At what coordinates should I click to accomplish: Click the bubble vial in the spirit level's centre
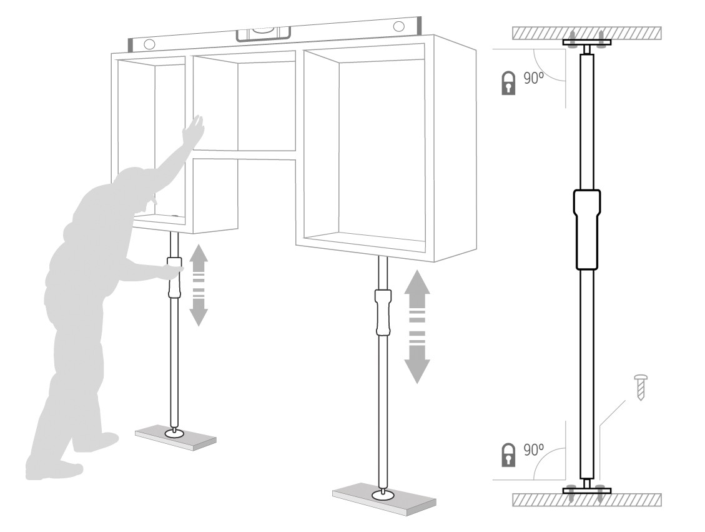tap(264, 32)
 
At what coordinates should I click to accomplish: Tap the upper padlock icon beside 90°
tap(508, 83)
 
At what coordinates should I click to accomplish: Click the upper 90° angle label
tap(534, 78)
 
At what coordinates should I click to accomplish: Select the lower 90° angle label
tap(534, 449)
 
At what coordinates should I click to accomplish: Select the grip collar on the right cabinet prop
tap(383, 313)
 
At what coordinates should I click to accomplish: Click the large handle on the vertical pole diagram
tap(587, 229)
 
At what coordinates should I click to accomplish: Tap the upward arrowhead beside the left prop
tap(199, 254)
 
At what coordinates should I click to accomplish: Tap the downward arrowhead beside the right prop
tap(417, 370)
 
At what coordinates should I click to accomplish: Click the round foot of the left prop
tap(174, 433)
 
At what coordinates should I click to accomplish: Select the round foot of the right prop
tap(383, 494)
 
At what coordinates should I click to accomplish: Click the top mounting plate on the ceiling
tap(587, 43)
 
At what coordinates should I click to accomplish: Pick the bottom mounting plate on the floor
tap(587, 490)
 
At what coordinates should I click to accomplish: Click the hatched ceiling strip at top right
tap(587, 33)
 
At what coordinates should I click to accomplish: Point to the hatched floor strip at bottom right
tap(587, 499)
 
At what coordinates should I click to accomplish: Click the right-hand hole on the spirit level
tap(398, 25)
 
